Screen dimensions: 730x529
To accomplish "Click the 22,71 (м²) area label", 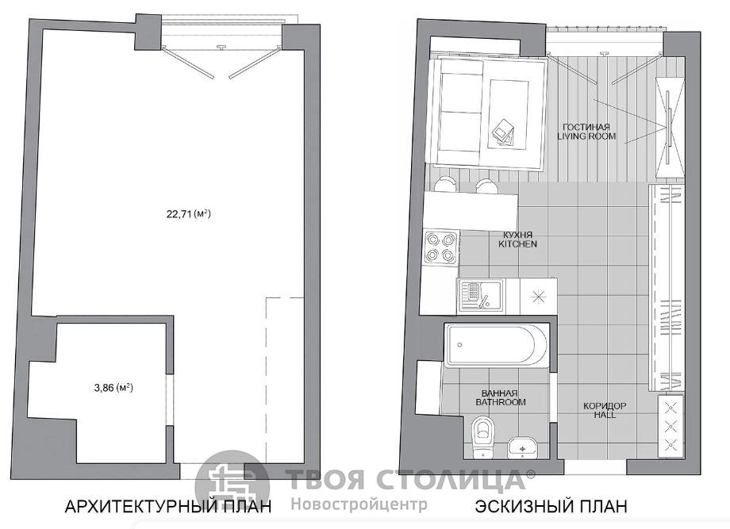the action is (x=189, y=214).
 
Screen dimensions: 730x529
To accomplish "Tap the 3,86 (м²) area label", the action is (x=113, y=387).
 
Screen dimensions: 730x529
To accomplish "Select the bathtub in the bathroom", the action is (x=496, y=345).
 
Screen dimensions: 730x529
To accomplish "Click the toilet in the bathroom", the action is (x=482, y=437).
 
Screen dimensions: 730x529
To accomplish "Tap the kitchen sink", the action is (x=480, y=296).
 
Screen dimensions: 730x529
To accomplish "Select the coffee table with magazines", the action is (x=508, y=114).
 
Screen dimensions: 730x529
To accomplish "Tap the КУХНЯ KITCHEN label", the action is (x=517, y=240).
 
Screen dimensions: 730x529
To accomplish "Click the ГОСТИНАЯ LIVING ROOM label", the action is (x=586, y=131).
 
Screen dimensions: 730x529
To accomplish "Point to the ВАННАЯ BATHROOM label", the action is (x=501, y=397).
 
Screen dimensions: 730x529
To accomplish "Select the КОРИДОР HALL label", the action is (x=605, y=410).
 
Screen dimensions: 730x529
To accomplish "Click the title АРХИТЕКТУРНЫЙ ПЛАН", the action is (x=168, y=506).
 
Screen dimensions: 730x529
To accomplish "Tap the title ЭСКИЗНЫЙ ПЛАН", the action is (x=551, y=506).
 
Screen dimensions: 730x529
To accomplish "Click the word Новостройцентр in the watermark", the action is (x=359, y=504).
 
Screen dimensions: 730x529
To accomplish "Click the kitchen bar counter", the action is (x=471, y=211).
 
